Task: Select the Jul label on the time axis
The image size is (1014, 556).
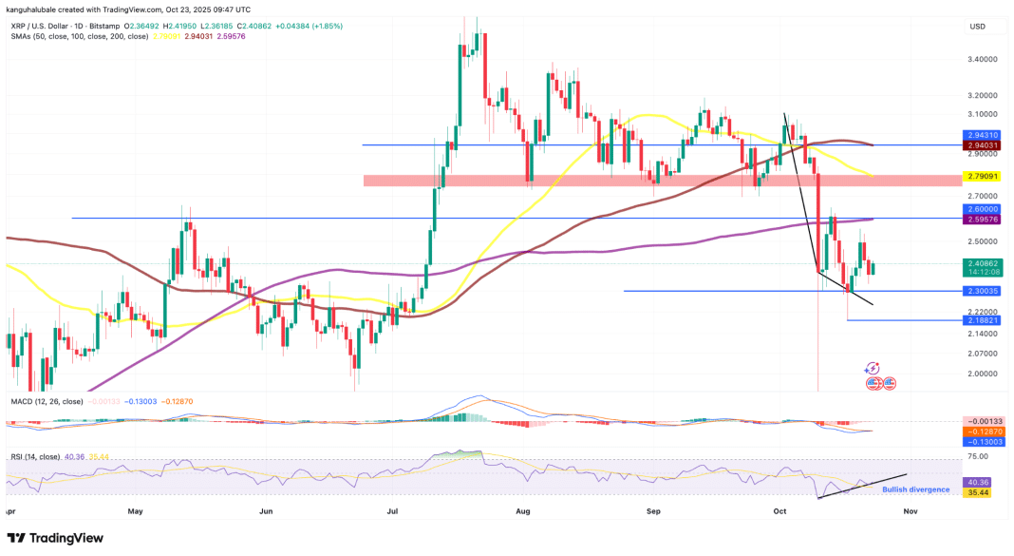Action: (392, 510)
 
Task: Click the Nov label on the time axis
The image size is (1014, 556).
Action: (910, 510)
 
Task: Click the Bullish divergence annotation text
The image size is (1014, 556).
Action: (915, 489)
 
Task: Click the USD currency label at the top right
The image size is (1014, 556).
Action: (977, 27)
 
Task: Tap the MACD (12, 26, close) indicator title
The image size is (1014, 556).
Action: (48, 403)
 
